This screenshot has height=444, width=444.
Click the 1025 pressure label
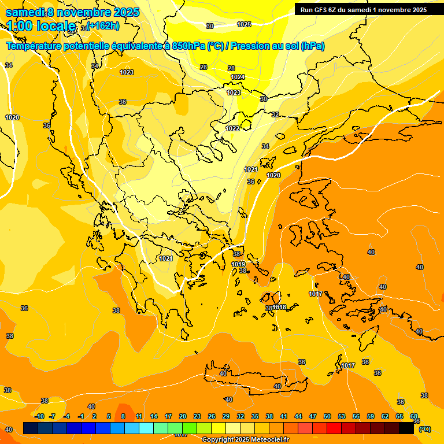tap(244, 24)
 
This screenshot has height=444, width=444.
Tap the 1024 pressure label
tap(238, 77)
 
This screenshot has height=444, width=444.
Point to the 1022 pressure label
tap(232, 128)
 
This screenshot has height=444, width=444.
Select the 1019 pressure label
tap(238, 264)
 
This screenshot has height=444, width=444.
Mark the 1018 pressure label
tap(280, 308)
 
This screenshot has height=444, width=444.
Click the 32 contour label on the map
tap(275, 114)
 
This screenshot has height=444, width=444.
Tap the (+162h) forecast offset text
tap(103, 25)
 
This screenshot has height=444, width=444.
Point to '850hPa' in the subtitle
tap(188, 46)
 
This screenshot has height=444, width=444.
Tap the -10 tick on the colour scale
tap(39, 416)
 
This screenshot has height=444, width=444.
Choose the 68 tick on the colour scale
tap(414, 416)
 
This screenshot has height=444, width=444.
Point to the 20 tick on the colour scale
tap(183, 416)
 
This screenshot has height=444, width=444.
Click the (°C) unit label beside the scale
tap(424, 429)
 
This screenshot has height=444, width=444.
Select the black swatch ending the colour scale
tap(406, 428)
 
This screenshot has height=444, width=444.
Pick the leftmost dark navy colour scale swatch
tap(31, 428)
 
